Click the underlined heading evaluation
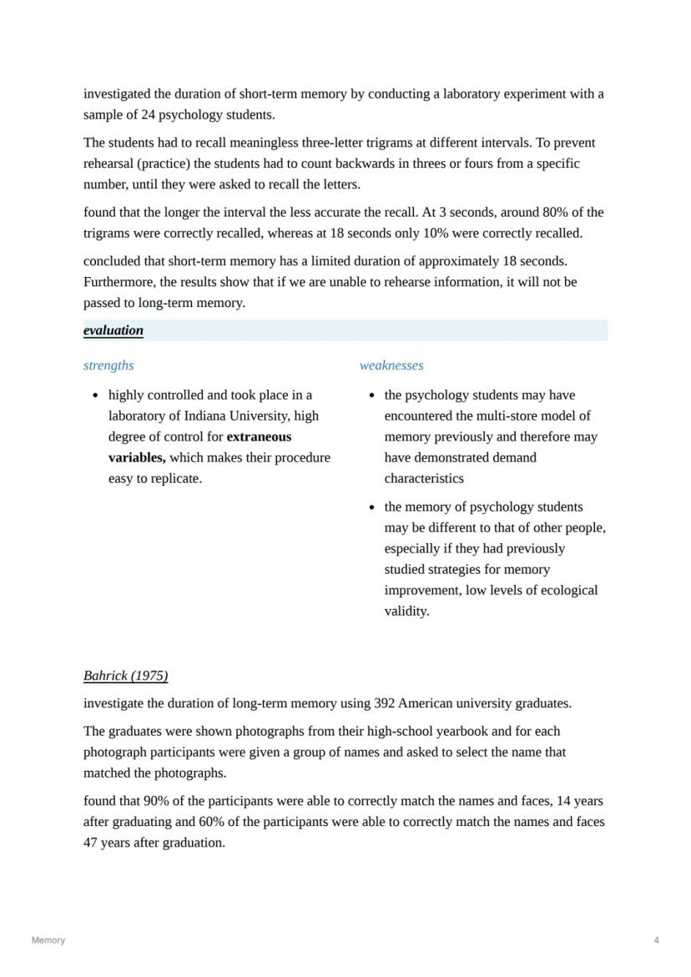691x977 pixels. coord(113,330)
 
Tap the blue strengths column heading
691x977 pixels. coord(108,365)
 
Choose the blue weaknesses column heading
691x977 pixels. coord(391,365)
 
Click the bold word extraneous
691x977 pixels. coord(259,436)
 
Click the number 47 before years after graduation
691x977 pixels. coord(91,843)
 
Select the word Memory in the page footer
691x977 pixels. coord(48,940)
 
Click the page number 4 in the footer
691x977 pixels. coord(657,940)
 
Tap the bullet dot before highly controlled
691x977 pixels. coord(98,395)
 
